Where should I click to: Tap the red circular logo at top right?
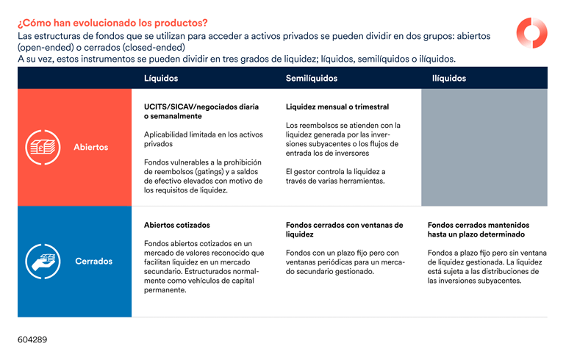[x=531, y=33]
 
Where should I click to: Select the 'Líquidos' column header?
[x=161, y=78]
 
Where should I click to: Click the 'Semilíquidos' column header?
[x=312, y=78]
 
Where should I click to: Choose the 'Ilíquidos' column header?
[x=449, y=78]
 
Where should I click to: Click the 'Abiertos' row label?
[x=90, y=147]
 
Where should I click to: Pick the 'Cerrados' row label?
[x=93, y=261]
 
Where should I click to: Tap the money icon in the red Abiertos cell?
[x=43, y=147]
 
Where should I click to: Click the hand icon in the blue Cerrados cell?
[x=43, y=261]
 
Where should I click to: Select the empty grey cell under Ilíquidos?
[x=484, y=147]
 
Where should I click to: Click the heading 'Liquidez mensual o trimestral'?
[x=337, y=107]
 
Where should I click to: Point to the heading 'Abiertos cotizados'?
[x=176, y=226]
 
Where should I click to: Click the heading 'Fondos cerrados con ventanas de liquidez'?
[x=344, y=230]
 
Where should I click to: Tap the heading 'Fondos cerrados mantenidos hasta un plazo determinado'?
[x=479, y=230]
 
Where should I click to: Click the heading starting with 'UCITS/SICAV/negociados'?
[x=201, y=111]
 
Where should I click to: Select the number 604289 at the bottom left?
[x=32, y=340]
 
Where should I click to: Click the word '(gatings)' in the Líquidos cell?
[x=198, y=171]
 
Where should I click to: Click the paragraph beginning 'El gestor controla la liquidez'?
[x=335, y=176]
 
